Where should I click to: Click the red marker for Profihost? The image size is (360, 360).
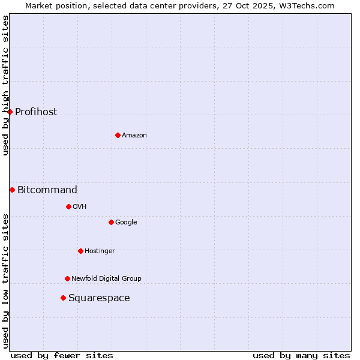click(10, 112)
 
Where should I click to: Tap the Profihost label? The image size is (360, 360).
click(36, 112)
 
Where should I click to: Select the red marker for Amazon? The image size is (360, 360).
click(118, 135)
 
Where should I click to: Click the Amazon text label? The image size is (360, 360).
click(134, 136)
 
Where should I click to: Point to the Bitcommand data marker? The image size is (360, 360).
click(12, 190)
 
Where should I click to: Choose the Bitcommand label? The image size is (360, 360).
click(47, 190)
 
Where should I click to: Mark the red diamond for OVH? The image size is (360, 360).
click(68, 206)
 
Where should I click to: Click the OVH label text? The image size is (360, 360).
click(80, 207)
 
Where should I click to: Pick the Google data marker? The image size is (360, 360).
click(111, 222)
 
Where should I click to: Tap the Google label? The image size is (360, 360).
click(126, 223)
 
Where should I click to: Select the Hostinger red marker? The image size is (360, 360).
click(80, 251)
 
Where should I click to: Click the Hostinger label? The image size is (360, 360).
click(100, 251)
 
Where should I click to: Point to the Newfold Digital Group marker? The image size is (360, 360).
click(67, 278)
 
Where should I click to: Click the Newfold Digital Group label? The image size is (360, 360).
click(106, 279)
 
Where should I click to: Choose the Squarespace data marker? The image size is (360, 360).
click(63, 298)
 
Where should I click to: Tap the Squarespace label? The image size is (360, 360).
click(99, 298)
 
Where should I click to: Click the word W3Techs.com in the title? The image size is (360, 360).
click(310, 6)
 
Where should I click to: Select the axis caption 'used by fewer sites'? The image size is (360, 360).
click(62, 355)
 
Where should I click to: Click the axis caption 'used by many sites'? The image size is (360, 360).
click(301, 355)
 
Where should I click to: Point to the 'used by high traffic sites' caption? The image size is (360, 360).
click(6, 85)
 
